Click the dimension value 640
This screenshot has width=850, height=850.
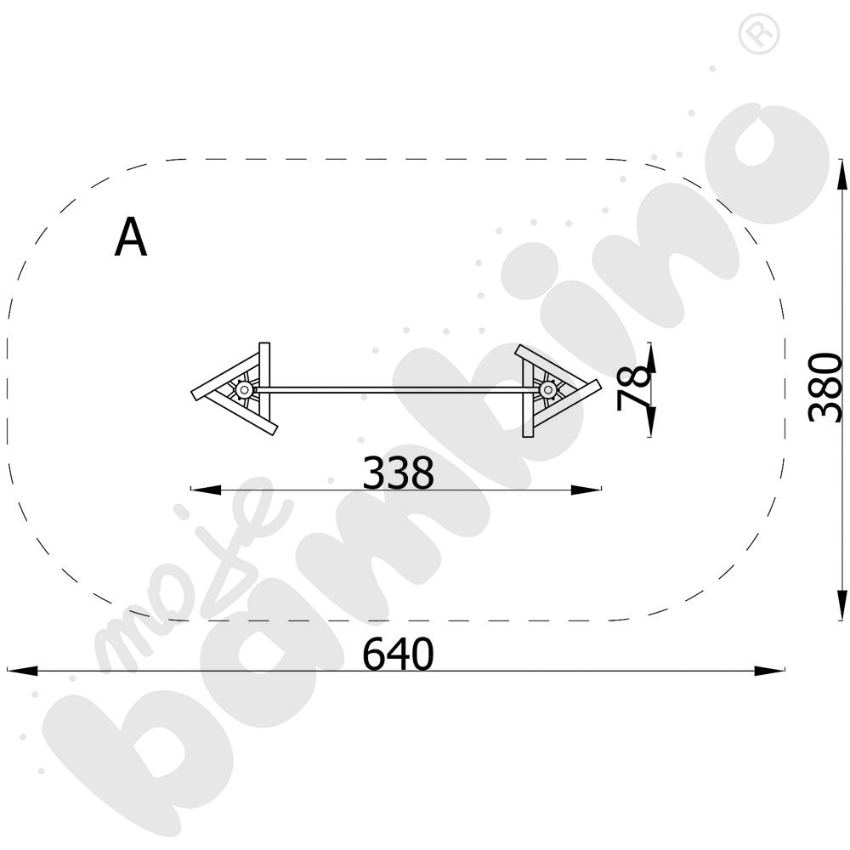point(398,654)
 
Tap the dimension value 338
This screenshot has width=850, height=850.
point(398,472)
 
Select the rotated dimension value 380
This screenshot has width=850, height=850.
point(825,387)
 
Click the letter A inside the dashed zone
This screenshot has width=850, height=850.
point(131,237)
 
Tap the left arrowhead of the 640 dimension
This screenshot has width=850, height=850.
point(22,671)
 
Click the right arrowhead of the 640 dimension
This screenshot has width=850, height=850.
point(769,671)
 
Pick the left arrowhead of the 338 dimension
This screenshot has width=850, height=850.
point(206,490)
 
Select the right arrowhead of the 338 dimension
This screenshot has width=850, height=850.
point(586,490)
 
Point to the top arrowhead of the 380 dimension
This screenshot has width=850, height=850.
point(841,174)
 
